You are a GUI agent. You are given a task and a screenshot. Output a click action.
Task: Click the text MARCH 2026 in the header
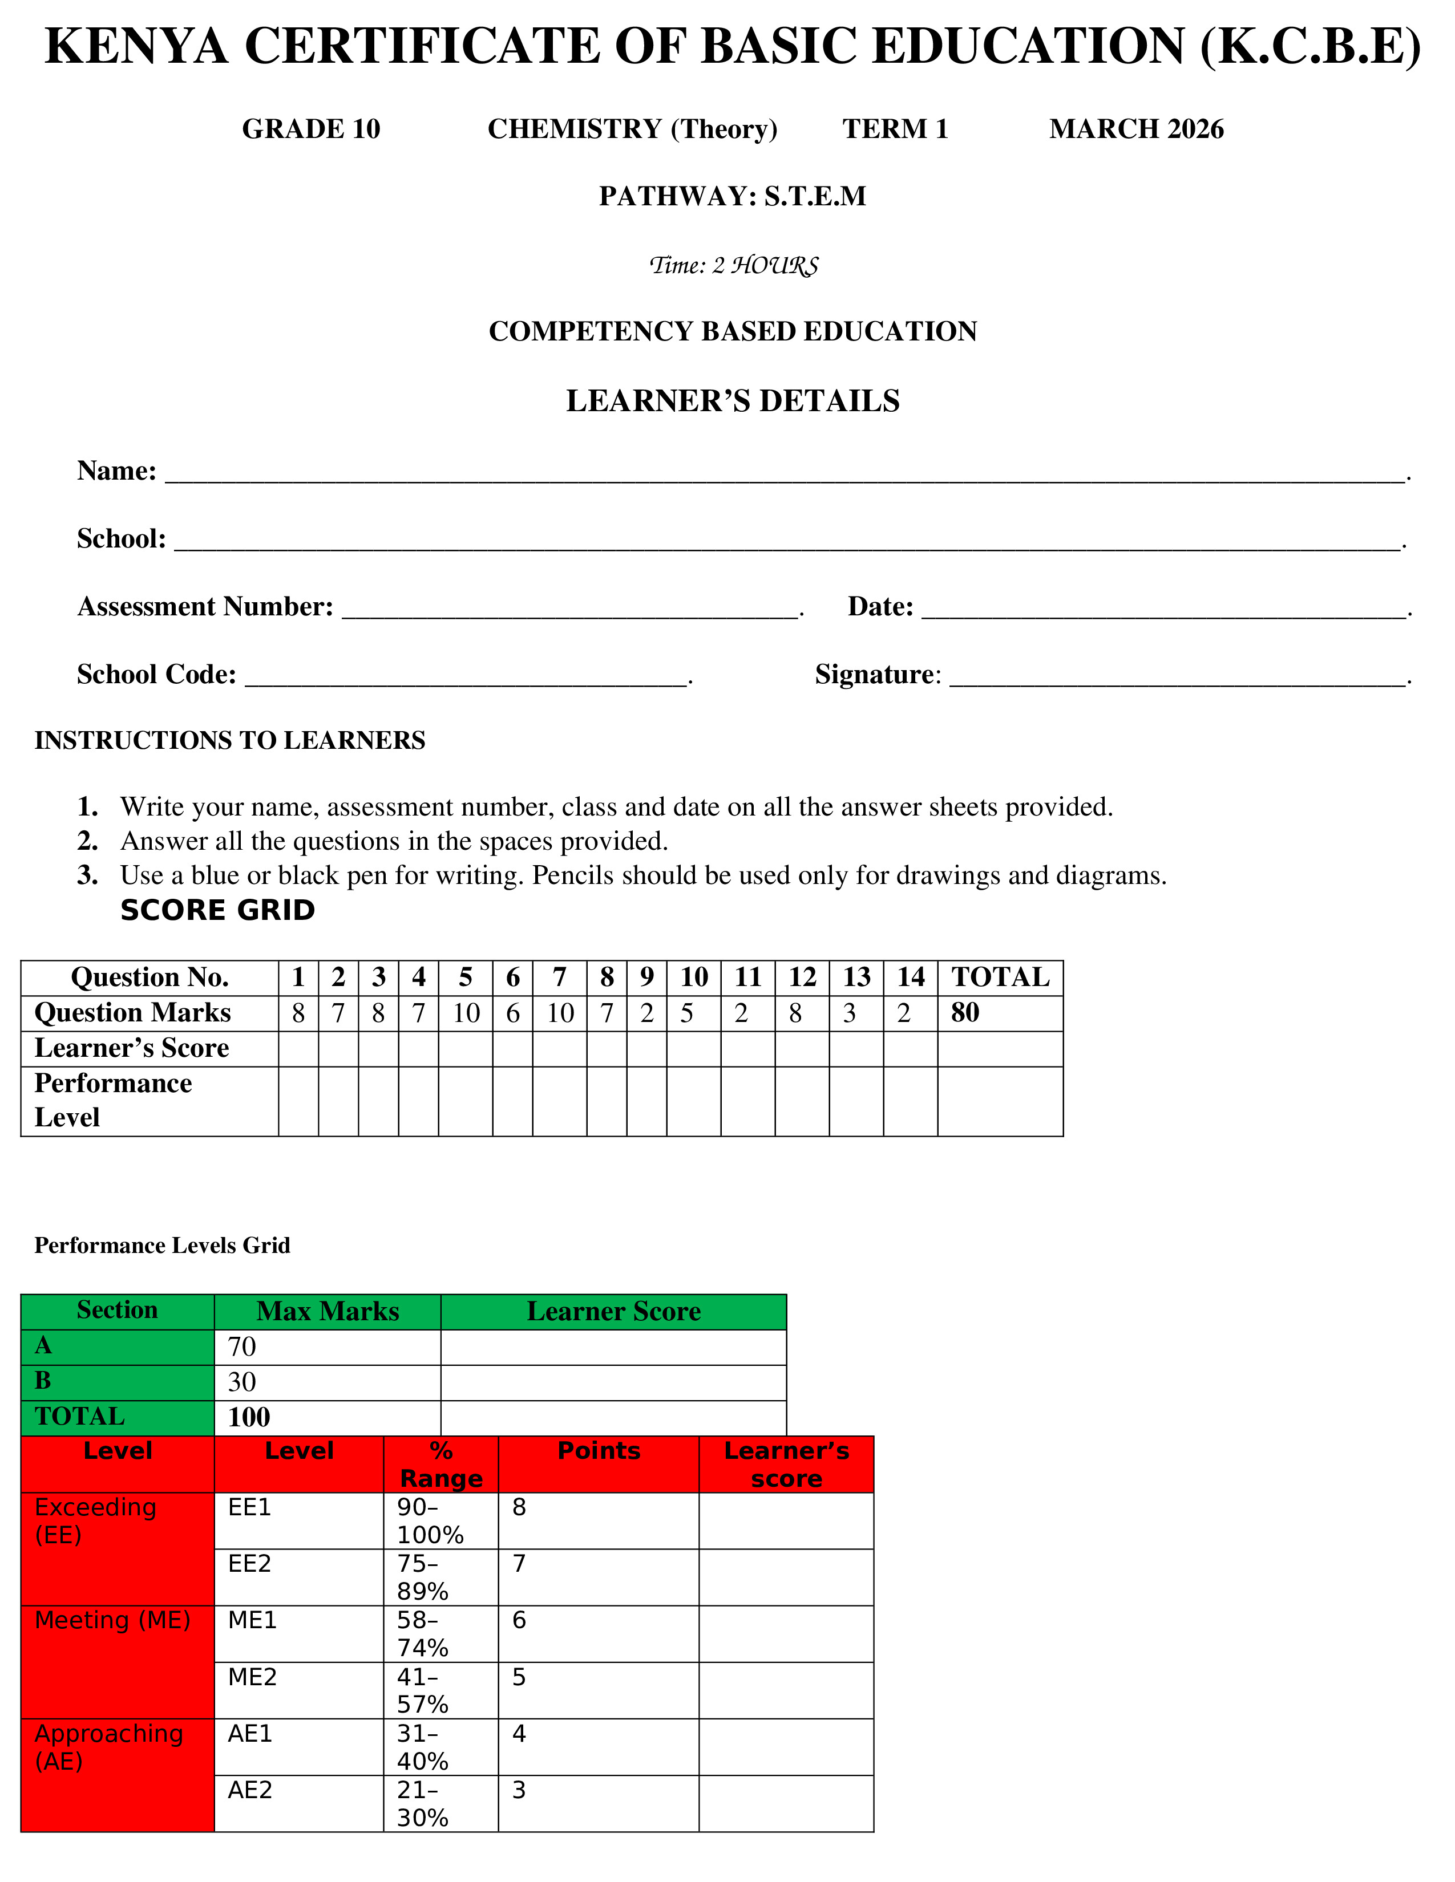tap(1136, 129)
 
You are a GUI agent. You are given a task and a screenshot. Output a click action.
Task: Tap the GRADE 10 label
tap(310, 129)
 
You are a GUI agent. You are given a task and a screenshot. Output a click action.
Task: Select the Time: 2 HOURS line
tap(733, 265)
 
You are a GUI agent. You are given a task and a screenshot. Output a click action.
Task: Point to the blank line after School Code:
tap(466, 680)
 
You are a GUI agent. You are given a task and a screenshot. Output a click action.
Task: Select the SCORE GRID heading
tap(217, 910)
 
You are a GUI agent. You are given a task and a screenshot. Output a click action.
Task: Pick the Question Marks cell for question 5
tap(466, 1013)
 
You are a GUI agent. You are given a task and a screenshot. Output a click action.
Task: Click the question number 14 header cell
tap(910, 977)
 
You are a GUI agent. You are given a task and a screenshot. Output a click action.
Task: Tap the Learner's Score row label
tap(132, 1048)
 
